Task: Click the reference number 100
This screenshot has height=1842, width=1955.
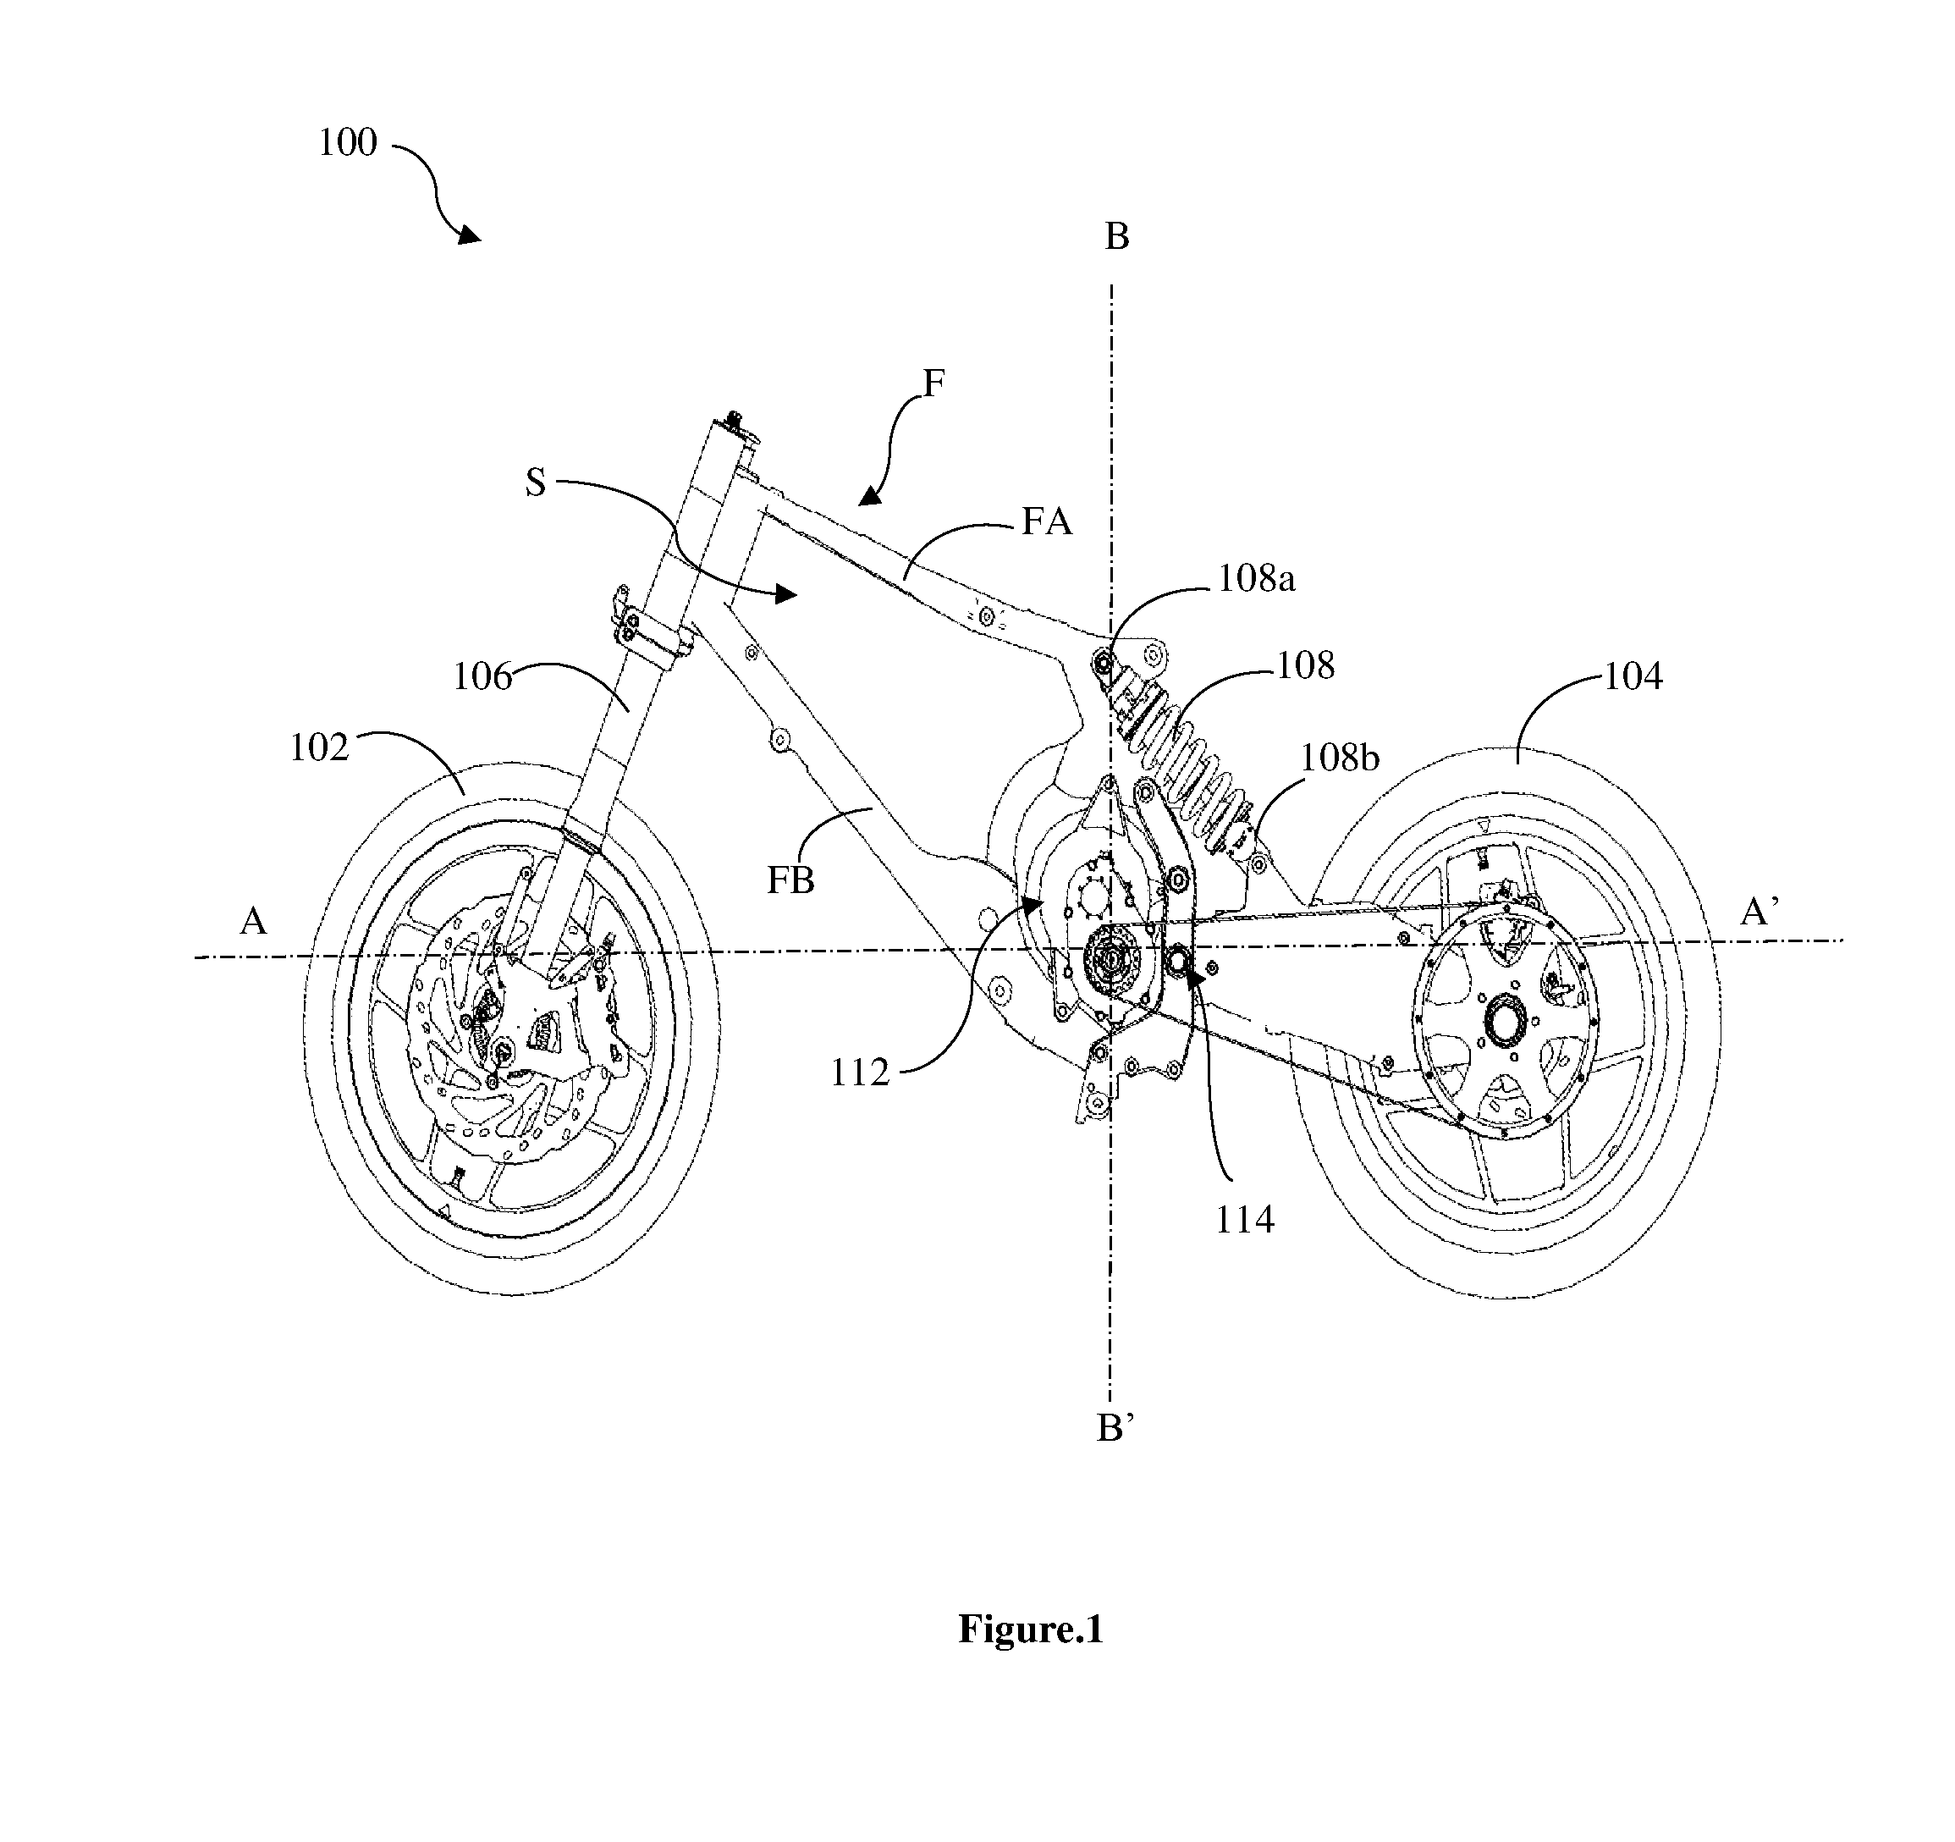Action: (x=347, y=142)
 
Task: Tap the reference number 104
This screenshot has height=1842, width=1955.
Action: (x=1633, y=676)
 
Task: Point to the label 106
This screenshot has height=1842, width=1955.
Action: (x=482, y=676)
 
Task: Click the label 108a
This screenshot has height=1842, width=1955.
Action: (x=1257, y=579)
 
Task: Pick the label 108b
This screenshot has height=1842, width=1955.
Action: (x=1340, y=758)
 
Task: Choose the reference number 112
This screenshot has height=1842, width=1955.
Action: (x=860, y=1073)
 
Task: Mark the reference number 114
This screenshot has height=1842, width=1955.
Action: (x=1245, y=1221)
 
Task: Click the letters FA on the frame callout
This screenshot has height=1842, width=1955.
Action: (x=1046, y=521)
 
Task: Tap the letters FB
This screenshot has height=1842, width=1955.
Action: (x=790, y=880)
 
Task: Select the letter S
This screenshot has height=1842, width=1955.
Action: (x=536, y=483)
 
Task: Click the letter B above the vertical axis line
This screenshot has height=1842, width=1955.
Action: (x=1117, y=237)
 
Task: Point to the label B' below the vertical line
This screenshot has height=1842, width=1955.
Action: (x=1115, y=1429)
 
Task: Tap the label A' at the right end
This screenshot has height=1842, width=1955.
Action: (x=1759, y=913)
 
